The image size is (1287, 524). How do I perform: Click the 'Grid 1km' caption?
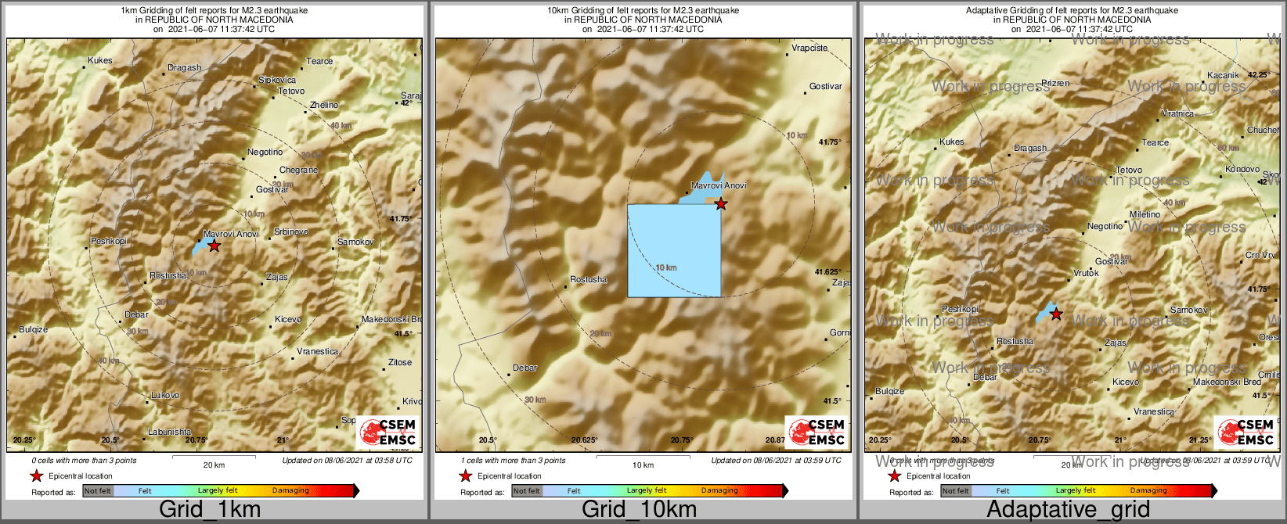(x=209, y=509)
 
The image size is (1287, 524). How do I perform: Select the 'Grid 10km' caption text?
(x=639, y=509)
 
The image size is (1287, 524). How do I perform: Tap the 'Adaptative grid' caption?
(x=1068, y=509)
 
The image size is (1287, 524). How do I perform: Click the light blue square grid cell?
(x=674, y=250)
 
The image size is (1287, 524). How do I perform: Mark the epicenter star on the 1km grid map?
(x=214, y=246)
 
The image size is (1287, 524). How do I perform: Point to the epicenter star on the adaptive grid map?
(x=1056, y=314)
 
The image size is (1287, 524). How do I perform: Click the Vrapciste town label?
(x=809, y=48)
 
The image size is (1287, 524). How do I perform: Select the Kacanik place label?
(x=1223, y=75)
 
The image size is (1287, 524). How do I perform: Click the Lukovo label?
(x=165, y=396)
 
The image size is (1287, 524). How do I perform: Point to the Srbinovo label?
(x=290, y=232)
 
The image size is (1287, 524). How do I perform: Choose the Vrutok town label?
(x=1086, y=273)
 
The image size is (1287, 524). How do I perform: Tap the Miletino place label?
(x=1145, y=214)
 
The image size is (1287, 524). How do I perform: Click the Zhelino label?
(x=324, y=105)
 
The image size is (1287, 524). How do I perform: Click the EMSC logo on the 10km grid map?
(x=817, y=432)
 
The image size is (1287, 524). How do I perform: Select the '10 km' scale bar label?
(x=643, y=465)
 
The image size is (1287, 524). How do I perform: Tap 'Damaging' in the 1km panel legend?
(x=290, y=491)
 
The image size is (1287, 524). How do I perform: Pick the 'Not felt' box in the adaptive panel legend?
(x=955, y=491)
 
